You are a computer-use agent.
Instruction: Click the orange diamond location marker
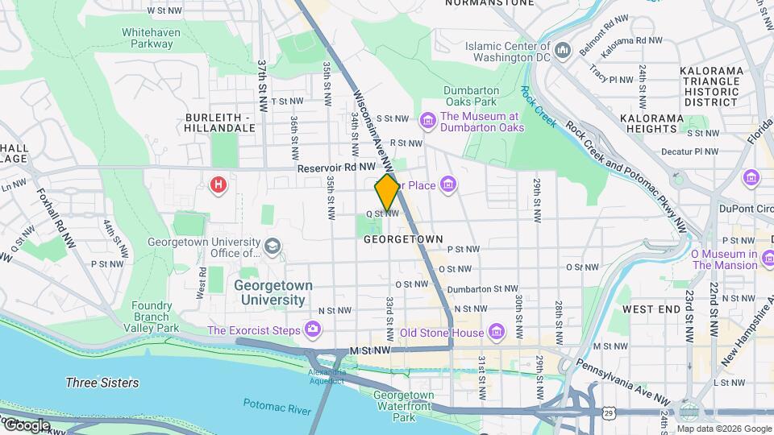pyautogui.click(x=387, y=191)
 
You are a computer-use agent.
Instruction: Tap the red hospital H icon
pyautogui.click(x=218, y=186)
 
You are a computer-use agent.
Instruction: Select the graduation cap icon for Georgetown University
pyautogui.click(x=273, y=246)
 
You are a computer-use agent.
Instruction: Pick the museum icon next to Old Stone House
pyautogui.click(x=496, y=331)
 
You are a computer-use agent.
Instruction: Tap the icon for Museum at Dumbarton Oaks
pyautogui.click(x=427, y=121)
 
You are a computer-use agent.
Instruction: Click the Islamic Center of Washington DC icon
pyautogui.click(x=564, y=51)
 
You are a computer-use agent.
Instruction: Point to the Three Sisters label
pyautogui.click(x=102, y=383)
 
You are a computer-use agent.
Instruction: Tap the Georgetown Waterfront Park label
pyautogui.click(x=404, y=406)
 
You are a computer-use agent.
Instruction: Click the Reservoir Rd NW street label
pyautogui.click(x=335, y=168)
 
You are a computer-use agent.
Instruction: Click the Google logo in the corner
pyautogui.click(x=26, y=425)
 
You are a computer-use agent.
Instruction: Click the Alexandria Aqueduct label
pyautogui.click(x=327, y=376)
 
